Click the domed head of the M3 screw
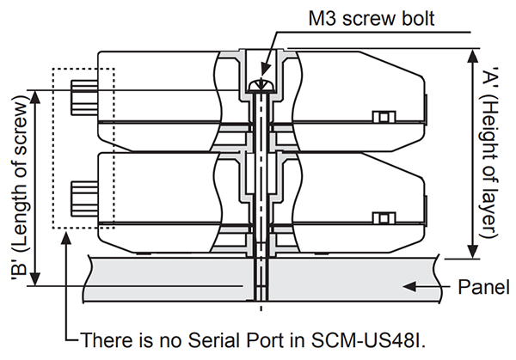260,84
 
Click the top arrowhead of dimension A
471,52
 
